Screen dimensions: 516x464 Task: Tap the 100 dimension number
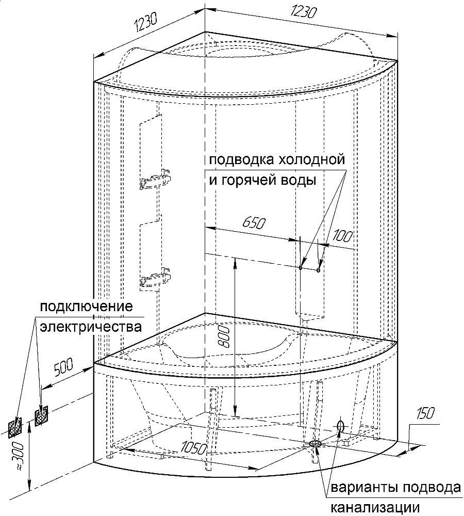tap(343, 236)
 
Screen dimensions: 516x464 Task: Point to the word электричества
tap(90, 327)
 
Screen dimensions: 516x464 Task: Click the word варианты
tap(364, 488)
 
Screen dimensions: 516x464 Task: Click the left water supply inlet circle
tap(301, 267)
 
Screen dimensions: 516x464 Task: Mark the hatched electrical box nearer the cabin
tap(41, 415)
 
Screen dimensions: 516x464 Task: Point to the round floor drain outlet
tap(315, 443)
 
